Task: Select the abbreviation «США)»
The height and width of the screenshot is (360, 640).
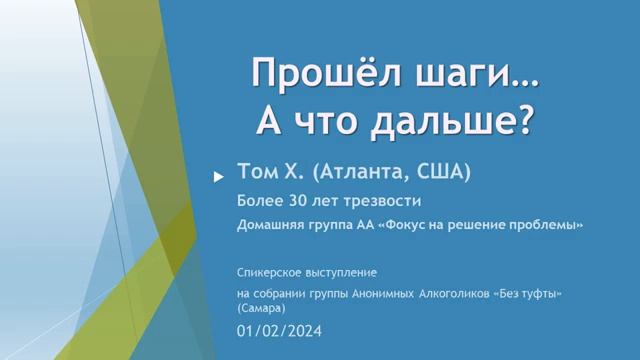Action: click(x=444, y=173)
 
